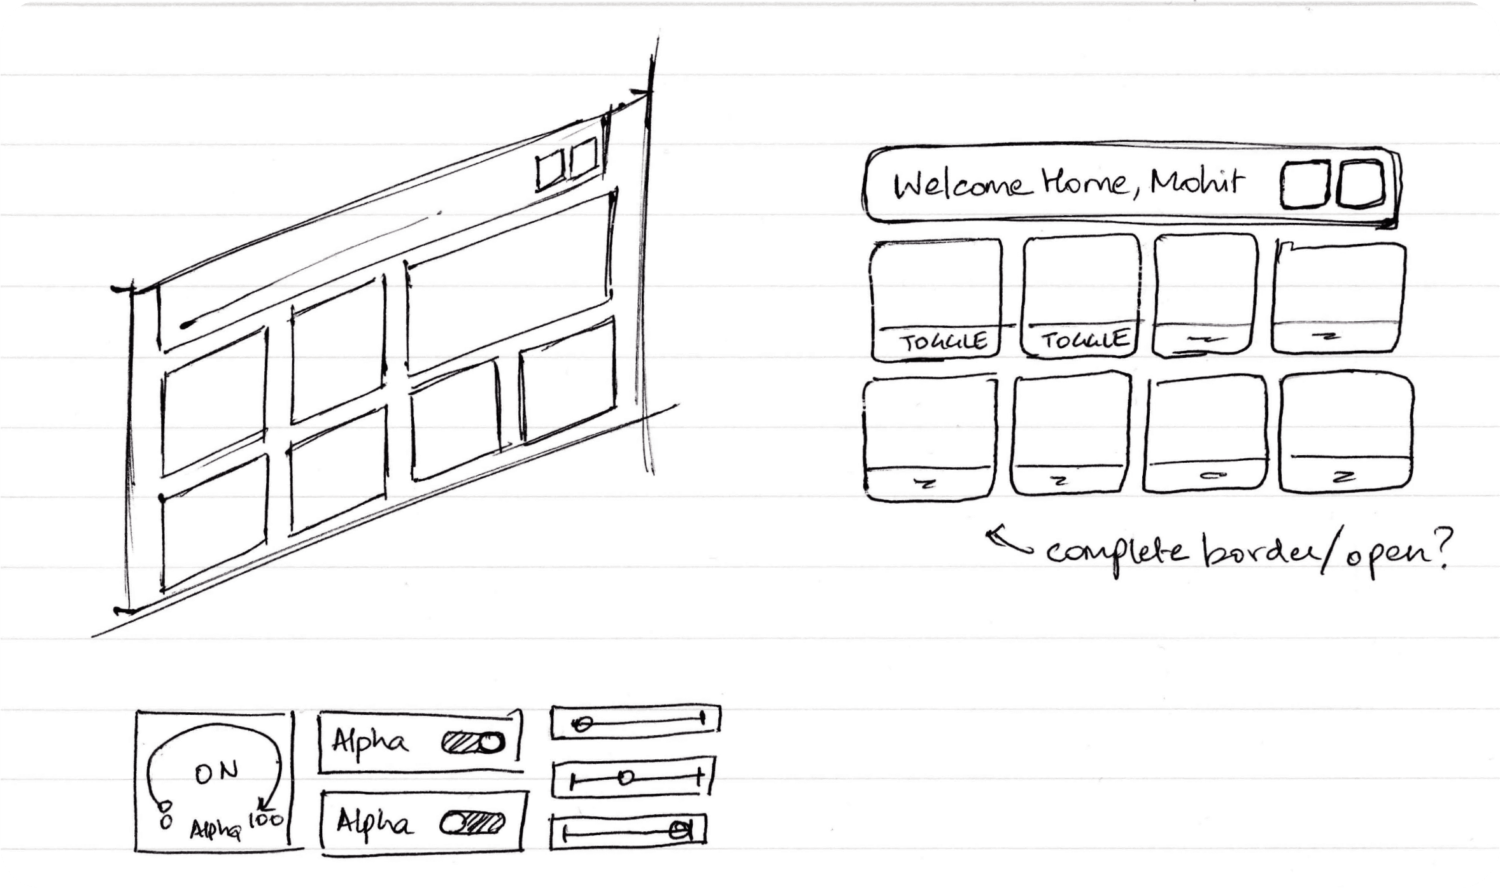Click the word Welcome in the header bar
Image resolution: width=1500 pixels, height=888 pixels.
[960, 185]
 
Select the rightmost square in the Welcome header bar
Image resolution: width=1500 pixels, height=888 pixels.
[1360, 185]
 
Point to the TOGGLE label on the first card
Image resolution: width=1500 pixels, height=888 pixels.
[942, 342]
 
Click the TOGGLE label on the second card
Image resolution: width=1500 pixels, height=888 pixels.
[1084, 341]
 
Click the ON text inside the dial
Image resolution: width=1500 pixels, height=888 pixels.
[216, 773]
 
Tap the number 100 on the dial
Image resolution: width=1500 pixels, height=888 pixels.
[266, 820]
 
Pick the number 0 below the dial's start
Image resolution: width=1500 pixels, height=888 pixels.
[166, 822]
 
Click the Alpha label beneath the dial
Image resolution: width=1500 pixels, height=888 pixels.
[215, 829]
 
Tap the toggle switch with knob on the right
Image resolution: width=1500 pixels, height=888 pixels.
[472, 743]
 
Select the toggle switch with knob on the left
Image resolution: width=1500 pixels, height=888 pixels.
[472, 824]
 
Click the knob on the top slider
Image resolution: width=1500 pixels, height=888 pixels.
[581, 724]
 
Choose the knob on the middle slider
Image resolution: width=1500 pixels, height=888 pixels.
[626, 778]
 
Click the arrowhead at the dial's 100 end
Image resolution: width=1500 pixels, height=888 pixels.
[264, 804]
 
